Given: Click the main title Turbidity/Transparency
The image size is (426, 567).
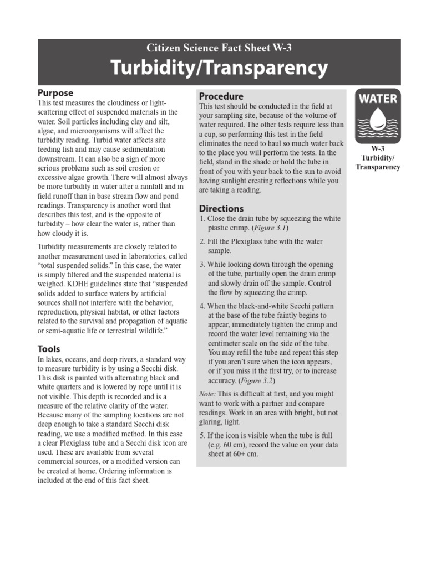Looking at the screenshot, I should (x=219, y=69).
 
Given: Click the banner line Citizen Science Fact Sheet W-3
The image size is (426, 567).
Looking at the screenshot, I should (x=219, y=48).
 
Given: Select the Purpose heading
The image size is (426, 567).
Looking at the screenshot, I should (x=55, y=93).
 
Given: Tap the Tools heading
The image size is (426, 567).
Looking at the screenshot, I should (x=49, y=349).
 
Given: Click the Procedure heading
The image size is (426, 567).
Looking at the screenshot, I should (x=221, y=96).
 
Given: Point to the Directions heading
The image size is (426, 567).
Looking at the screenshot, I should (x=221, y=209).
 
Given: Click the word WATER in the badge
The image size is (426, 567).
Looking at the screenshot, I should (x=378, y=99).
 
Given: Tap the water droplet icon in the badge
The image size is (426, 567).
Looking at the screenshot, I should (x=378, y=117).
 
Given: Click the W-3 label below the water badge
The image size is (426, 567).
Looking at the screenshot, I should (x=378, y=150).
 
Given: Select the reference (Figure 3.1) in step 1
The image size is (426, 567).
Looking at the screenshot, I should (x=271, y=228).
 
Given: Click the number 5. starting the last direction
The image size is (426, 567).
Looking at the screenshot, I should (x=202, y=435).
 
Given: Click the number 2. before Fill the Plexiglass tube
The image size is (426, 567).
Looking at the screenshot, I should (x=202, y=241).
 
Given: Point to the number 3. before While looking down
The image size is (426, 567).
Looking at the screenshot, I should (x=202, y=264).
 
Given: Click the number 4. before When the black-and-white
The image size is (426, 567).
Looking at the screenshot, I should (x=202, y=306).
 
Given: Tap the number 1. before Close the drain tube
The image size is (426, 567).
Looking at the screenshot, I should (x=202, y=219).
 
